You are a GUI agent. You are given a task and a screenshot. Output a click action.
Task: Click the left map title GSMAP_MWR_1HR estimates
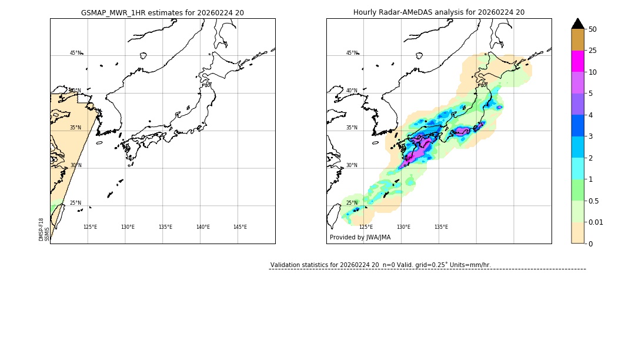coord(162,12)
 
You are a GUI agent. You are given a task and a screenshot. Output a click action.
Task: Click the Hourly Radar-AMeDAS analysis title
coord(439,12)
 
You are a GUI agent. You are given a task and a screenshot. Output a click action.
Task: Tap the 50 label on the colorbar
coord(593,29)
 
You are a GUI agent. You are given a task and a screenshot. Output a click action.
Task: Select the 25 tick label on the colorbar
coord(593,51)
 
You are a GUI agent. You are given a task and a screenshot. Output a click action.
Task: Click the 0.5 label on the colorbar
coord(594,201)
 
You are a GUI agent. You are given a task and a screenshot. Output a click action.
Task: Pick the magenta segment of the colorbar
coord(577,61)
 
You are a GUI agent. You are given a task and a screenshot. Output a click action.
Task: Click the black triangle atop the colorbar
coord(577,24)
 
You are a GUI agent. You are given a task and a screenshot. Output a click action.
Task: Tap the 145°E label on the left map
coord(240,227)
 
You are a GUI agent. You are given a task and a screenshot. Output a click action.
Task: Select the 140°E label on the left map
coord(202,227)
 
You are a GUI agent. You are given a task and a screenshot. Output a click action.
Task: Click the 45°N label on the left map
coord(75,53)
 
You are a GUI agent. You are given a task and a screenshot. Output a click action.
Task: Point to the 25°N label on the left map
coord(75,203)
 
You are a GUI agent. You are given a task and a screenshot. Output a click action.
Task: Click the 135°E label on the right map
coord(441,227)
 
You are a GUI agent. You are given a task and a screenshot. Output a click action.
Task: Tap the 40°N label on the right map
coord(352,91)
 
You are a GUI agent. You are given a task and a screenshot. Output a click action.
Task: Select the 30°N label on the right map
coord(352,165)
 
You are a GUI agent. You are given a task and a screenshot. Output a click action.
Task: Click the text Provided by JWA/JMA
coord(360,238)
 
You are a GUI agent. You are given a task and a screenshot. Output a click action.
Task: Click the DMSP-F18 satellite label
coord(42,229)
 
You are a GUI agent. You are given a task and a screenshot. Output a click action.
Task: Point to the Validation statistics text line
coord(380,265)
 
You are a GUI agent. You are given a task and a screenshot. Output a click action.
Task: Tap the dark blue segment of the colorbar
coord(577,125)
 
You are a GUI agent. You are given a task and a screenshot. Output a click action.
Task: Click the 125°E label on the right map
coord(366,227)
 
